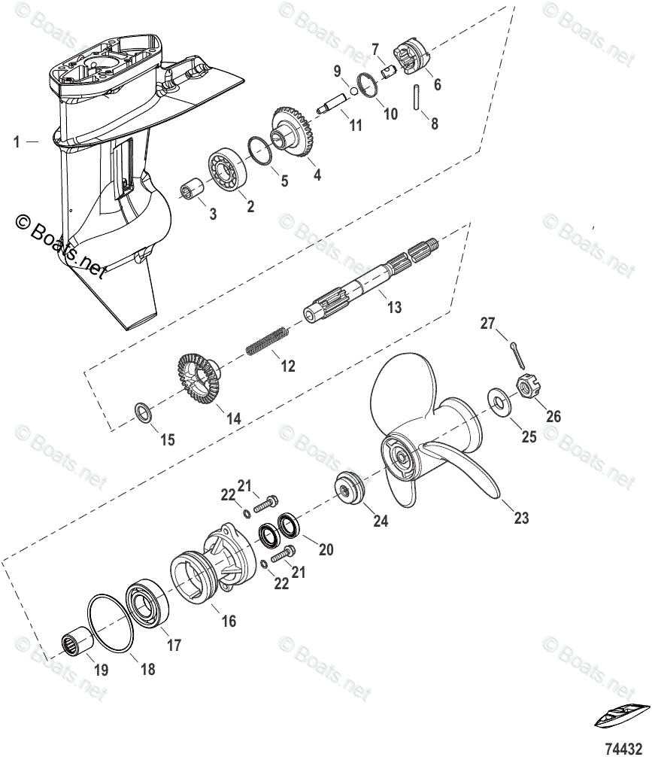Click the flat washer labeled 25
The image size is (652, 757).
496,400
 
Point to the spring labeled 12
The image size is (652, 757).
265,339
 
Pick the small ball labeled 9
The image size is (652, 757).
344,93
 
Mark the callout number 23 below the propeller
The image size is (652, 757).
521,518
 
